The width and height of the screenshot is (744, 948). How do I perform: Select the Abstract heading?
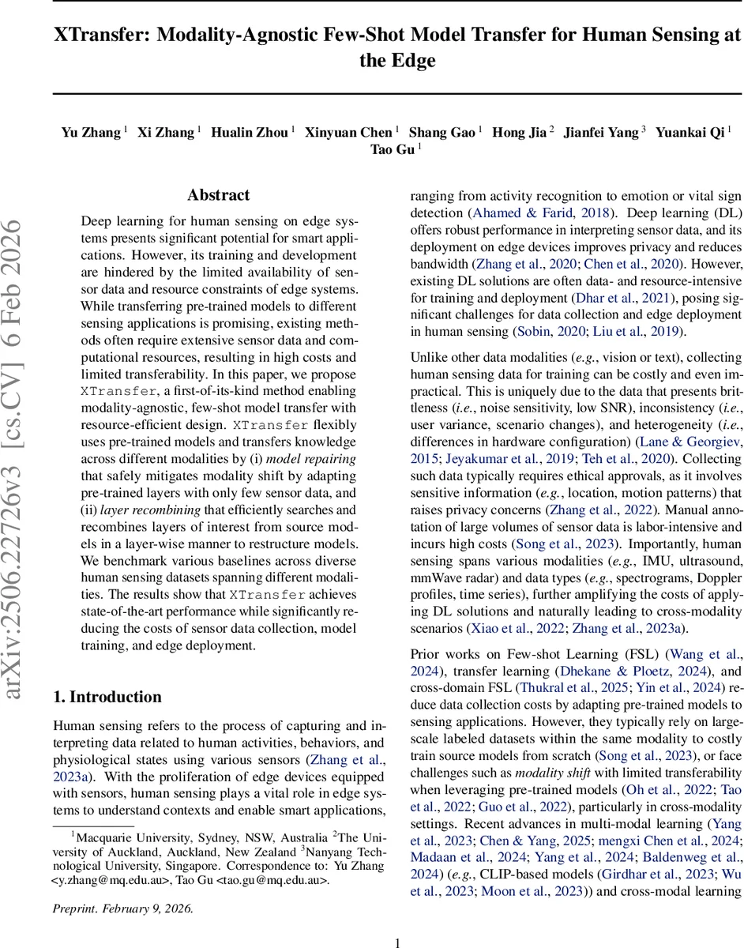218,195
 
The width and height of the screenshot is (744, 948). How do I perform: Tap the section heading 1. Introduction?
107,696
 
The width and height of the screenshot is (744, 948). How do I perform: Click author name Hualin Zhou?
249,132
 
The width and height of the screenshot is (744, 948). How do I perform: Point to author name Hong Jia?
519,132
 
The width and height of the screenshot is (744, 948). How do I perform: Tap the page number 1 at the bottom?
398,935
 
